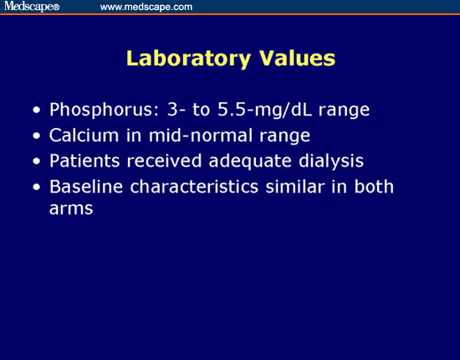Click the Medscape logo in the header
(30, 7)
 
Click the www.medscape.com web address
(146, 7)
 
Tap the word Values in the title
(294, 59)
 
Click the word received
(162, 160)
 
